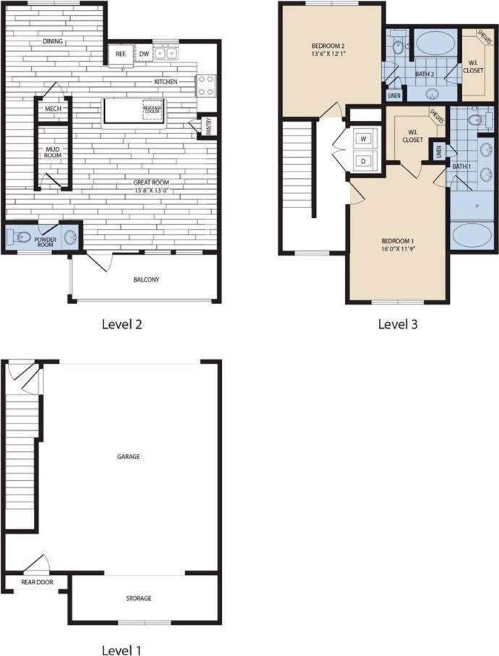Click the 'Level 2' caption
click(x=121, y=324)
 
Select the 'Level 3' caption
click(x=398, y=324)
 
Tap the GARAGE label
click(x=128, y=457)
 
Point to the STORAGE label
click(x=139, y=598)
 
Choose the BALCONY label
click(x=147, y=279)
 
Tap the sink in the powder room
click(x=71, y=237)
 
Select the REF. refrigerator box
click(x=121, y=54)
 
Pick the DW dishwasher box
click(x=144, y=54)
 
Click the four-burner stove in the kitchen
click(x=206, y=85)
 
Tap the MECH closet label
click(x=52, y=109)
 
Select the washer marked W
click(x=364, y=138)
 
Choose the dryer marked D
click(x=364, y=160)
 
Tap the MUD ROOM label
click(x=52, y=151)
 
